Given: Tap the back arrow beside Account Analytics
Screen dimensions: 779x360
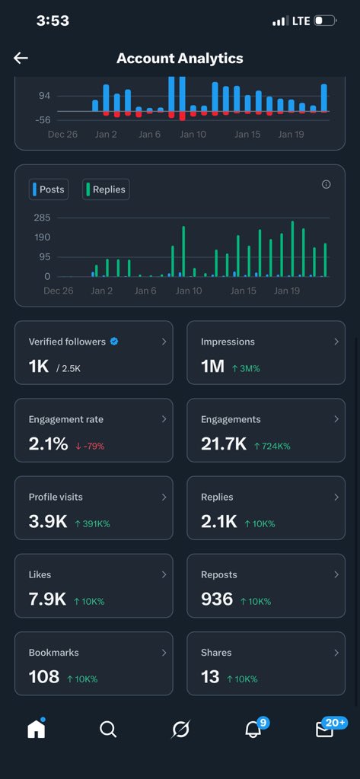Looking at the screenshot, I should pos(21,59).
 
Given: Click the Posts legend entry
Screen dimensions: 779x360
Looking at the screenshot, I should pos(48,189).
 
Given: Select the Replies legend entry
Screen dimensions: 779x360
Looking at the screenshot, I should pos(106,189).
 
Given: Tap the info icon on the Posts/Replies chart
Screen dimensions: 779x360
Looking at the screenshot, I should pos(327,184).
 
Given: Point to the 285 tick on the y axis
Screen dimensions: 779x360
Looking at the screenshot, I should pos(42,218).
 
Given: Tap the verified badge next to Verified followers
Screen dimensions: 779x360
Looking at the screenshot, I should pos(114,342).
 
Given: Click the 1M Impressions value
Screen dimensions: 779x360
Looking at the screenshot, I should pos(212,367).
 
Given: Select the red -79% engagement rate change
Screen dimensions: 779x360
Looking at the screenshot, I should pos(90,445).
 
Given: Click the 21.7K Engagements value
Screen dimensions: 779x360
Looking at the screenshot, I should pos(223,444).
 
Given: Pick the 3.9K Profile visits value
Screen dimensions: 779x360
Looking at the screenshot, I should pos(47,522).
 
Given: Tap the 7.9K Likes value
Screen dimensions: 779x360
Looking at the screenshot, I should pos(47,599).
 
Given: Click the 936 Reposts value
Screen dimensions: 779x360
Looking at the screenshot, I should pos(217,599).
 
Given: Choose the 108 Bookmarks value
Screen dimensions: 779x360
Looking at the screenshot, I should pos(44,677).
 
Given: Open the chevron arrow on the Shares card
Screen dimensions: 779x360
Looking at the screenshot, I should pos(336,652).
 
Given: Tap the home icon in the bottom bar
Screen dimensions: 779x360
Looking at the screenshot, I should pos(36,729).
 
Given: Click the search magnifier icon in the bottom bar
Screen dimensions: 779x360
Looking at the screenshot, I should pos(108,730).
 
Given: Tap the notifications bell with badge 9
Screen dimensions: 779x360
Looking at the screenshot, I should pos(253,730).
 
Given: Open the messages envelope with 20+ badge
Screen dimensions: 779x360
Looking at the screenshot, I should pos(325,730).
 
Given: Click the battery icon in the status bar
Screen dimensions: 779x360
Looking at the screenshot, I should pos(325,21).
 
